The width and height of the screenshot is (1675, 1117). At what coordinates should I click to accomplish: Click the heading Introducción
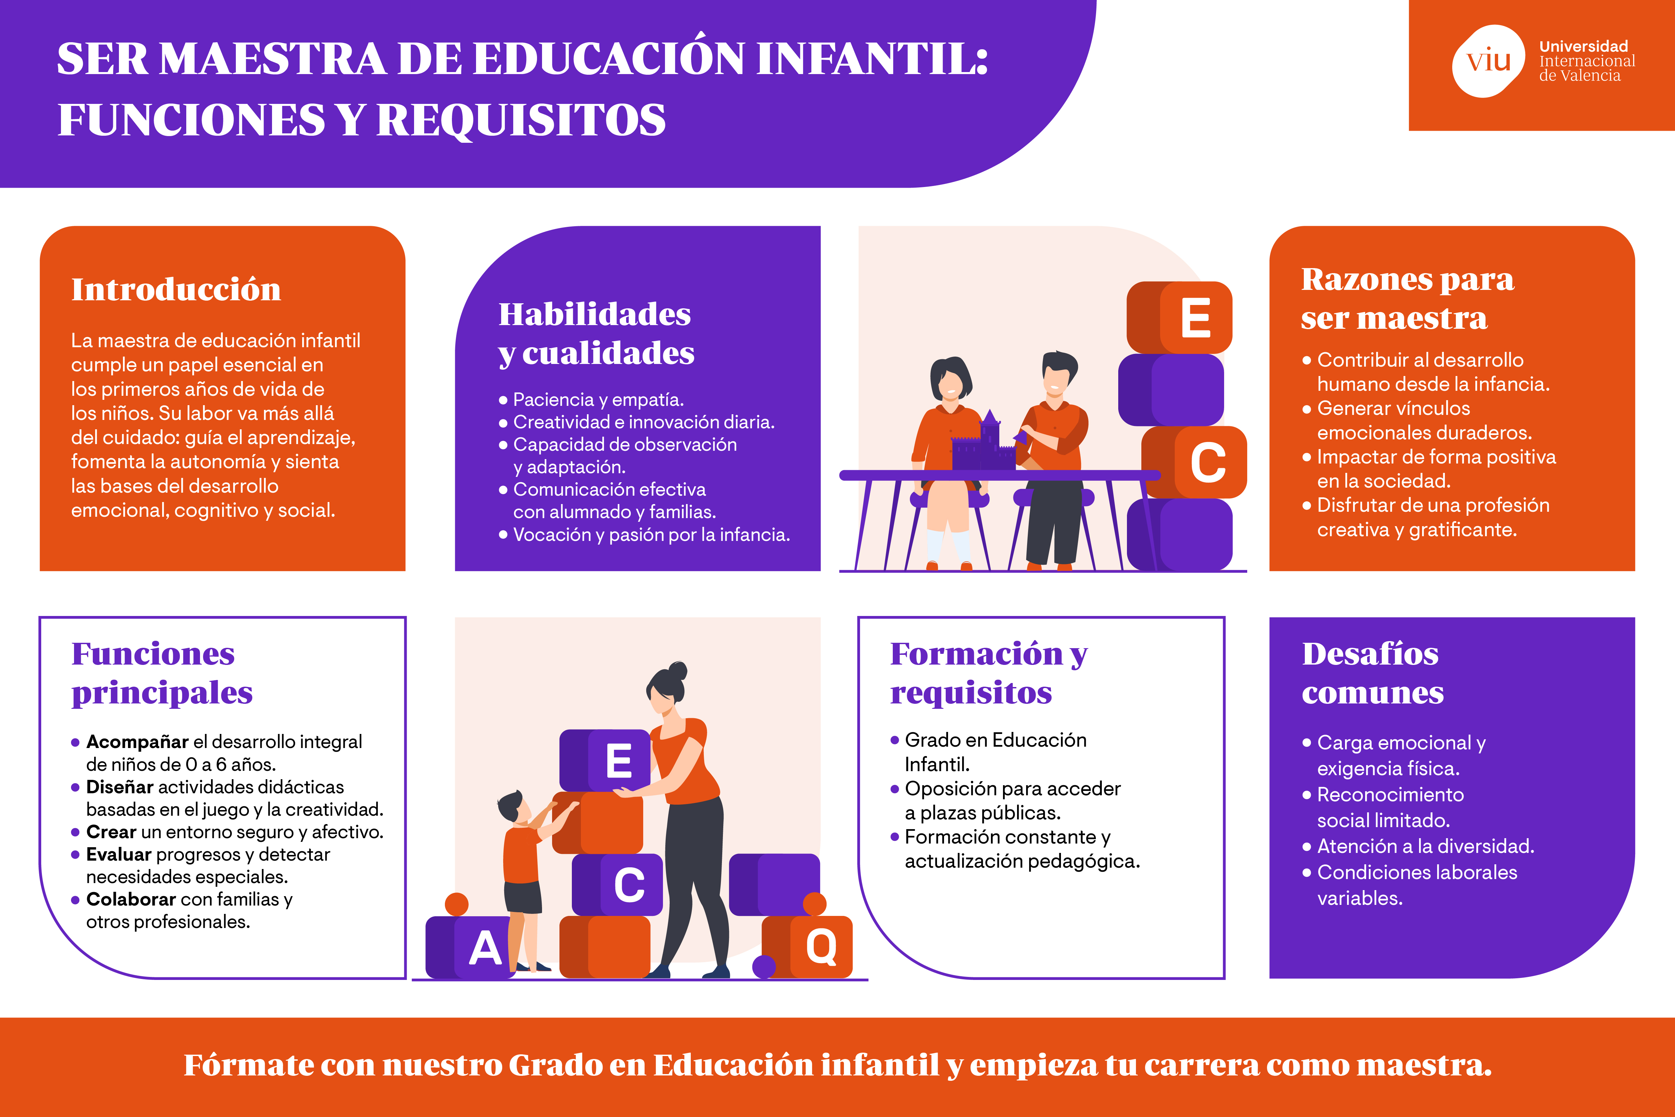click(176, 289)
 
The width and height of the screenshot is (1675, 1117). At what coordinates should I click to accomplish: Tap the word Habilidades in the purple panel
click(594, 314)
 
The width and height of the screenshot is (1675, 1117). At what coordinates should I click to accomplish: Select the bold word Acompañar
click(137, 742)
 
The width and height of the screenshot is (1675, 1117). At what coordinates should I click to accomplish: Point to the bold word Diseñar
click(120, 787)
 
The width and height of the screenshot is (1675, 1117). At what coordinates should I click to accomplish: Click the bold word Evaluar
click(118, 854)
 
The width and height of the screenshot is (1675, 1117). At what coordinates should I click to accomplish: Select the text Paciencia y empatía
click(598, 399)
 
